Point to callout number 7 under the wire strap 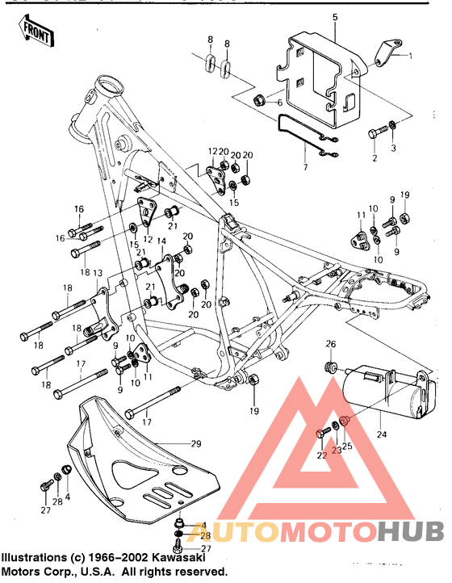tap(304, 167)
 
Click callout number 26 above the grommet tap(329, 346)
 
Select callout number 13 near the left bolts tap(99, 273)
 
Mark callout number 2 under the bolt tap(375, 159)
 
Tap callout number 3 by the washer tap(394, 149)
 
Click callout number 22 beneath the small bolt tap(320, 456)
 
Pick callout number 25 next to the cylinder tap(349, 447)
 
